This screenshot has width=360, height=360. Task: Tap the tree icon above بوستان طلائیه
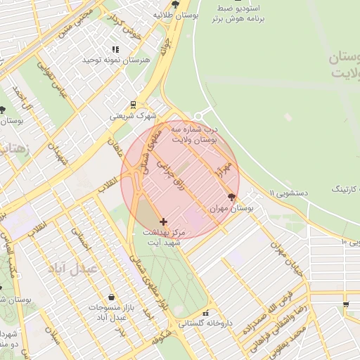176,3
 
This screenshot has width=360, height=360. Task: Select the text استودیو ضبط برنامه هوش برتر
238,15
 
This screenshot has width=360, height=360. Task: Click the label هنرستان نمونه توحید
117,61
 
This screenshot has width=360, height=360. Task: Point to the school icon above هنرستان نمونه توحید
116,49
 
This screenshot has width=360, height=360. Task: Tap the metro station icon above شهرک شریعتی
133,105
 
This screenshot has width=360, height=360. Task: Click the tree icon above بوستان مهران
233,198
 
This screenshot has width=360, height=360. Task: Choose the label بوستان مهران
231,210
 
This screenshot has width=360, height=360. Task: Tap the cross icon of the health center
163,221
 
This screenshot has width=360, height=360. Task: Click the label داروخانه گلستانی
205,324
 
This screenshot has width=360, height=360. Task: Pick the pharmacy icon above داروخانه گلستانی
205,313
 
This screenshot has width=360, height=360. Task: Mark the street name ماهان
115,147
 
